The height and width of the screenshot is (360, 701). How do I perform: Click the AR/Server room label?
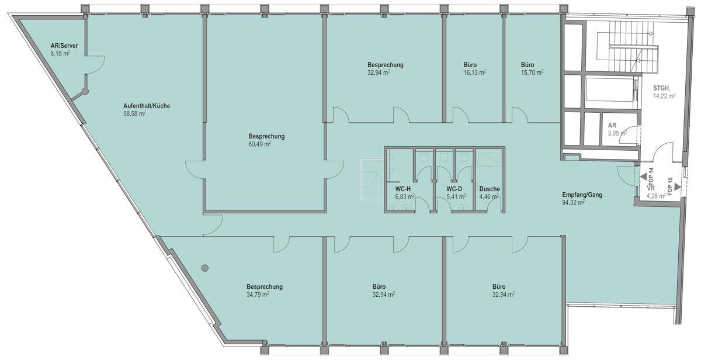click(64, 46)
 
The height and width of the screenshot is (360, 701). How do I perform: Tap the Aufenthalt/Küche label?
click(147, 106)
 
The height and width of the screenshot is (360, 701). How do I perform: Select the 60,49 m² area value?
click(259, 144)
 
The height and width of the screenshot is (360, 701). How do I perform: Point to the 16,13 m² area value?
click(475, 72)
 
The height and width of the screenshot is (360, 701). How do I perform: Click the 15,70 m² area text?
click(532, 72)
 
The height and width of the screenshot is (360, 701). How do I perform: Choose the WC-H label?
click(402, 189)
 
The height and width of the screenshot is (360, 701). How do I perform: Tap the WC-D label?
click(454, 189)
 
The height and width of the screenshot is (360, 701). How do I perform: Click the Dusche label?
click(490, 189)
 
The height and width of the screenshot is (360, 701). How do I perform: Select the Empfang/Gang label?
click(582, 195)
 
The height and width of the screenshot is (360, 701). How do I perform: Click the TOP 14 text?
click(651, 178)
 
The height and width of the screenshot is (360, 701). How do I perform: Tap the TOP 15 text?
click(669, 186)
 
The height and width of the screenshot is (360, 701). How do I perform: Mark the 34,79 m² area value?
click(258, 295)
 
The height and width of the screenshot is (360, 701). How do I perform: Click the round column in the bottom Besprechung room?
click(205, 268)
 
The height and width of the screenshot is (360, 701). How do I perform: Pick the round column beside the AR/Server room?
click(85, 91)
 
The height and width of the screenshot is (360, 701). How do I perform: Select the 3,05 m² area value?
click(617, 133)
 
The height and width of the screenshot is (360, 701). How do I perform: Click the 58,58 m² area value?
click(134, 113)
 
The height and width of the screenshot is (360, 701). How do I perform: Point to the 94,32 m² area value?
click(573, 203)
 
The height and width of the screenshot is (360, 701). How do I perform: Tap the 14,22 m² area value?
click(664, 96)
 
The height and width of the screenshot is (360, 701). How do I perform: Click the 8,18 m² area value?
click(60, 54)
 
